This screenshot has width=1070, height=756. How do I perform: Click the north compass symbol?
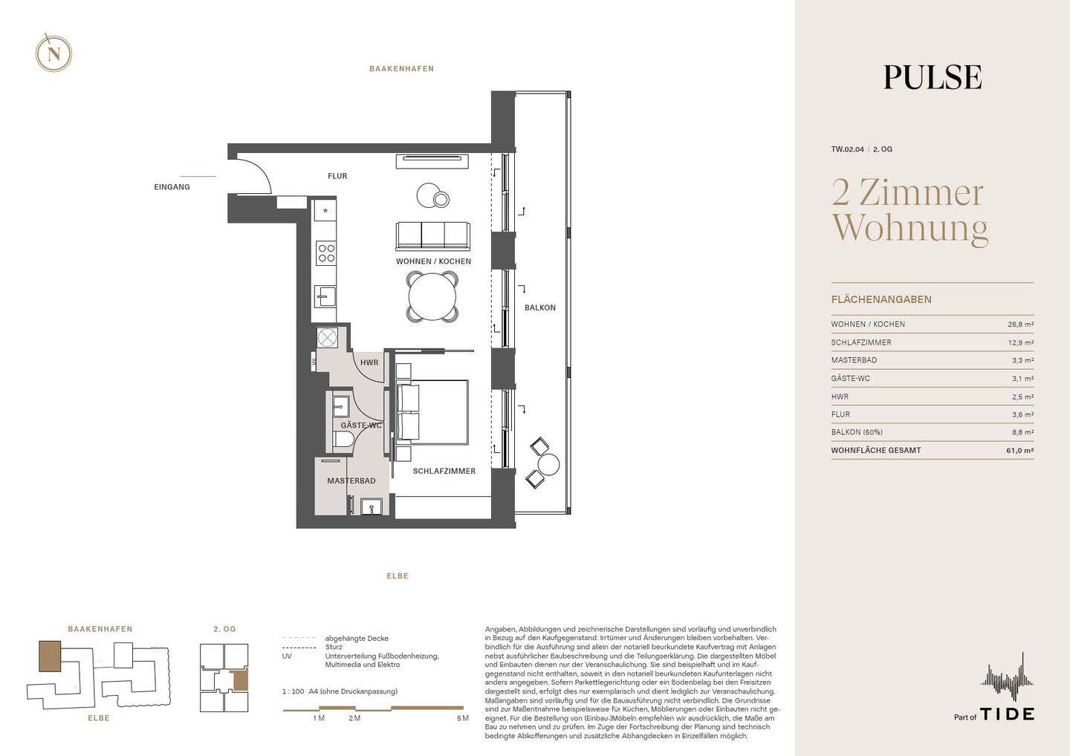[x=53, y=53]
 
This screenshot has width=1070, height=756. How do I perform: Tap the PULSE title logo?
[x=932, y=77]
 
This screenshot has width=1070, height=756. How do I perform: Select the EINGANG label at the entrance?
[x=172, y=187]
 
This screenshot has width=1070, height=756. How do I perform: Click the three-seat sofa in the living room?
[x=433, y=235]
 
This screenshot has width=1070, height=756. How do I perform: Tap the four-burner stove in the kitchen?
[x=325, y=253]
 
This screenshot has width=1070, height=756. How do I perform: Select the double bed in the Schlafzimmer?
[x=433, y=413]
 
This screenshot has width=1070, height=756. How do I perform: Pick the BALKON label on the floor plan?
[x=539, y=307]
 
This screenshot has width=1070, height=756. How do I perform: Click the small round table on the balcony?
[x=548, y=465]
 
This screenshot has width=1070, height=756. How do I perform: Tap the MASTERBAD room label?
[x=351, y=481]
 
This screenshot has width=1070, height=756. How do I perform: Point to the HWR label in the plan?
[x=369, y=363]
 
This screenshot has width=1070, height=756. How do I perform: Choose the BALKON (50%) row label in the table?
[x=857, y=432]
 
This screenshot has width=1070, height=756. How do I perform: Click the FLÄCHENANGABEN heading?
[x=881, y=300]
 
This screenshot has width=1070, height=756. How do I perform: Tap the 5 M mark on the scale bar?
[x=462, y=718]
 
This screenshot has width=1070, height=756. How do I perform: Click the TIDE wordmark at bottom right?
[x=1007, y=714]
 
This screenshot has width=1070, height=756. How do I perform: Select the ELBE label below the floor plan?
[x=398, y=576]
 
